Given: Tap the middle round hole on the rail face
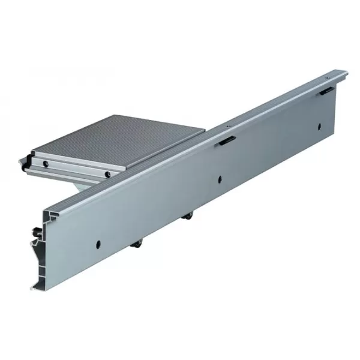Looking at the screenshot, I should pyautogui.click(x=220, y=178).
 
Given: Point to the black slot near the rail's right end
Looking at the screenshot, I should pyautogui.click(x=326, y=90).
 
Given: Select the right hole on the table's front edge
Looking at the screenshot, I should pyautogui.click(x=106, y=175).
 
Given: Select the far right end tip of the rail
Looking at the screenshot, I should pyautogui.click(x=347, y=73).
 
